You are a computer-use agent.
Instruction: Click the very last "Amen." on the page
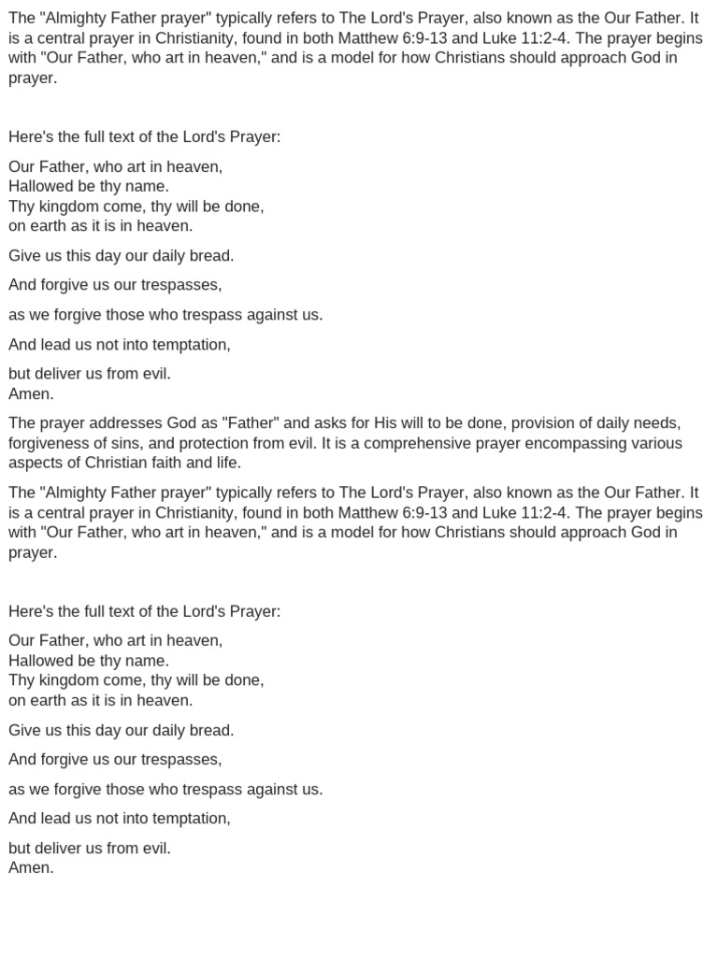pyautogui.click(x=32, y=868)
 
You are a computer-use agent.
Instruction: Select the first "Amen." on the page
pyautogui.click(x=32, y=393)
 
